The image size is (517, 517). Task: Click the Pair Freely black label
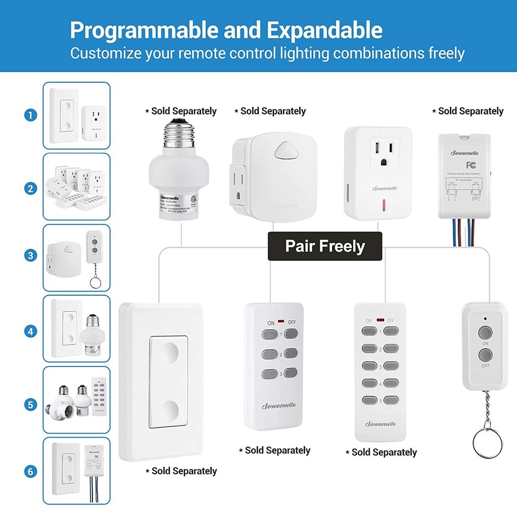tap(325, 246)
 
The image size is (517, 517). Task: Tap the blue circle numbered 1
tap(31, 115)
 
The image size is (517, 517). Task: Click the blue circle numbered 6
tap(31, 471)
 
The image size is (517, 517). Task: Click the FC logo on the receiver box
tap(470, 165)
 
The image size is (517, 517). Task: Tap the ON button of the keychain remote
tap(484, 331)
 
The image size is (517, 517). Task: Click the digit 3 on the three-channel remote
tap(280, 373)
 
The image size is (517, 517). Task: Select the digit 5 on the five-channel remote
tap(380, 400)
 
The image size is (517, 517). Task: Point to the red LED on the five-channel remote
tap(379, 320)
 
